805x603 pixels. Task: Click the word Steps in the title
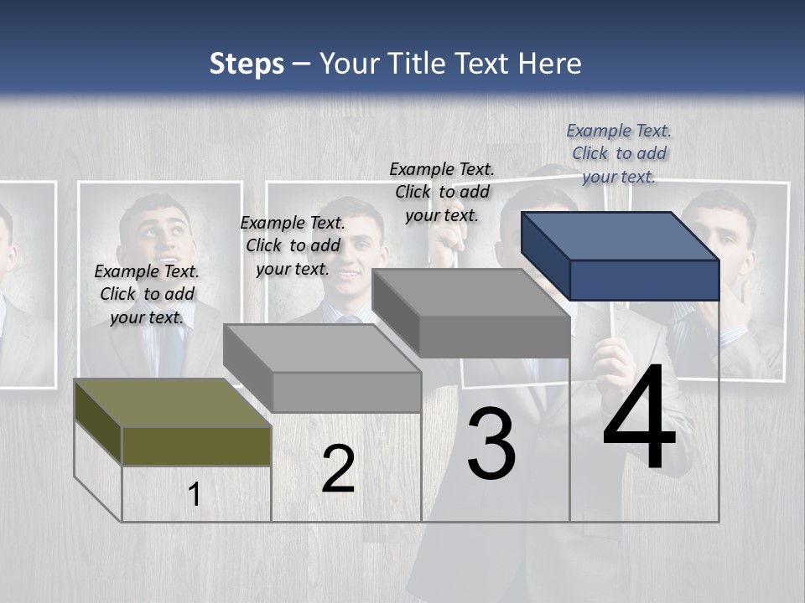247,64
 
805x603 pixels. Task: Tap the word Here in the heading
550,64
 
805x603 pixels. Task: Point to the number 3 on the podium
491,444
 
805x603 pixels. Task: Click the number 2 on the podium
338,469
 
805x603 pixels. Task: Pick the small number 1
194,494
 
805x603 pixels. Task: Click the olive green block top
168,402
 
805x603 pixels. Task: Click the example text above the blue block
619,153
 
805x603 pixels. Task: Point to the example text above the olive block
147,294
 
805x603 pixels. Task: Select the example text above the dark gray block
442,192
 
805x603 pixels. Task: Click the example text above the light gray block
293,245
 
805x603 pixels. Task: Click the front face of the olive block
196,446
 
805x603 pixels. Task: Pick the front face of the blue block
644,280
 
